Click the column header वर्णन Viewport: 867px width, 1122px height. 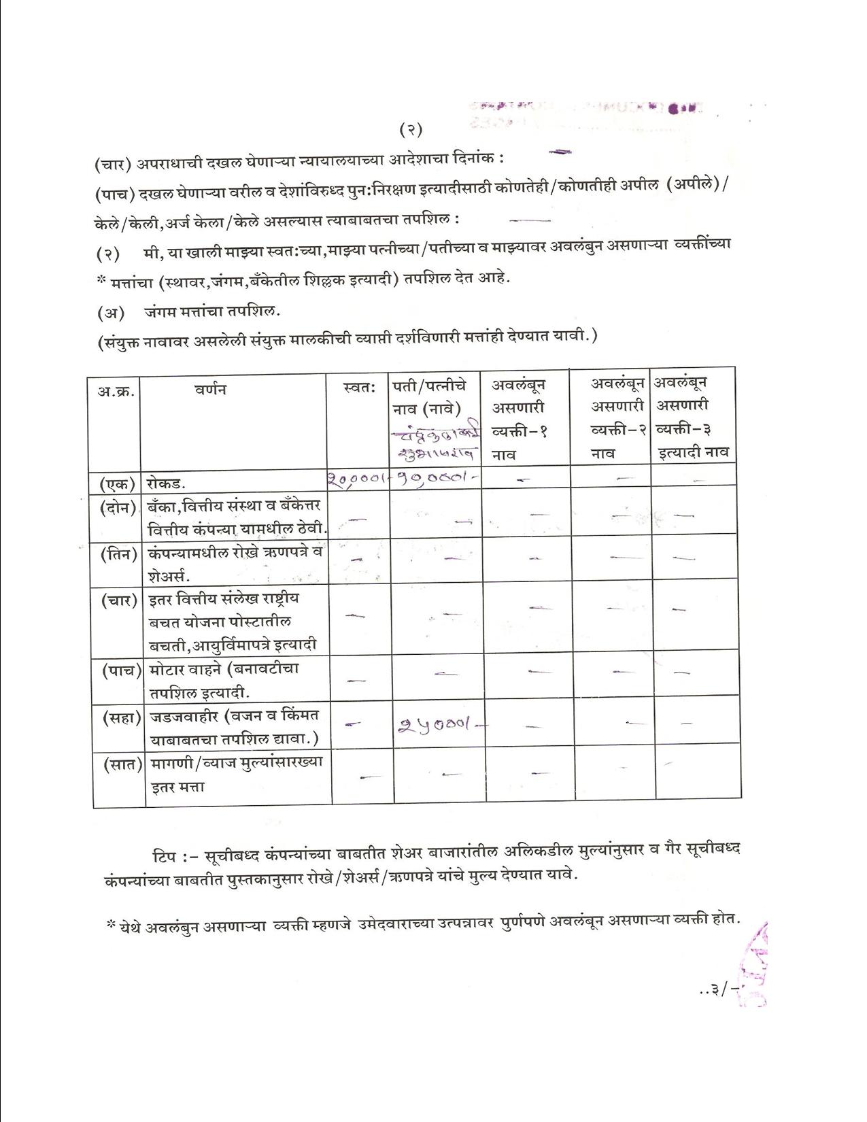pyautogui.click(x=209, y=389)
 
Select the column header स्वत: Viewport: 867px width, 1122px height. pyautogui.click(x=360, y=388)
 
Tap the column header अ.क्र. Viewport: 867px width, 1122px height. pyautogui.click(x=115, y=390)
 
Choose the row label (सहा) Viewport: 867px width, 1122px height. pyautogui.click(x=117, y=717)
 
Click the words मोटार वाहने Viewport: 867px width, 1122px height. pyautogui.click(x=186, y=669)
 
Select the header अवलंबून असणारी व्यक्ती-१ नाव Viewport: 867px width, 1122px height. pyautogui.click(x=520, y=418)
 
